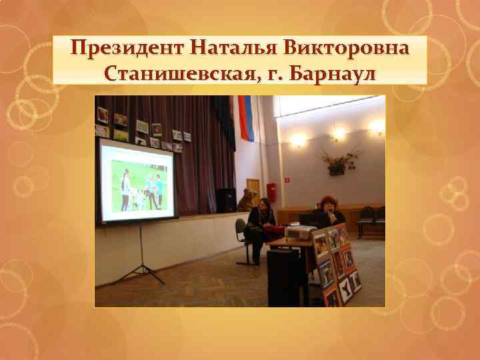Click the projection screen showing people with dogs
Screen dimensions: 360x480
[x=137, y=180]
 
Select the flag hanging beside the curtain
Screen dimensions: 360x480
[x=246, y=119]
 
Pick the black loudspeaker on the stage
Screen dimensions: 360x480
[x=227, y=200]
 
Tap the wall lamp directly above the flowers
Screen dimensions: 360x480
[x=339, y=134]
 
